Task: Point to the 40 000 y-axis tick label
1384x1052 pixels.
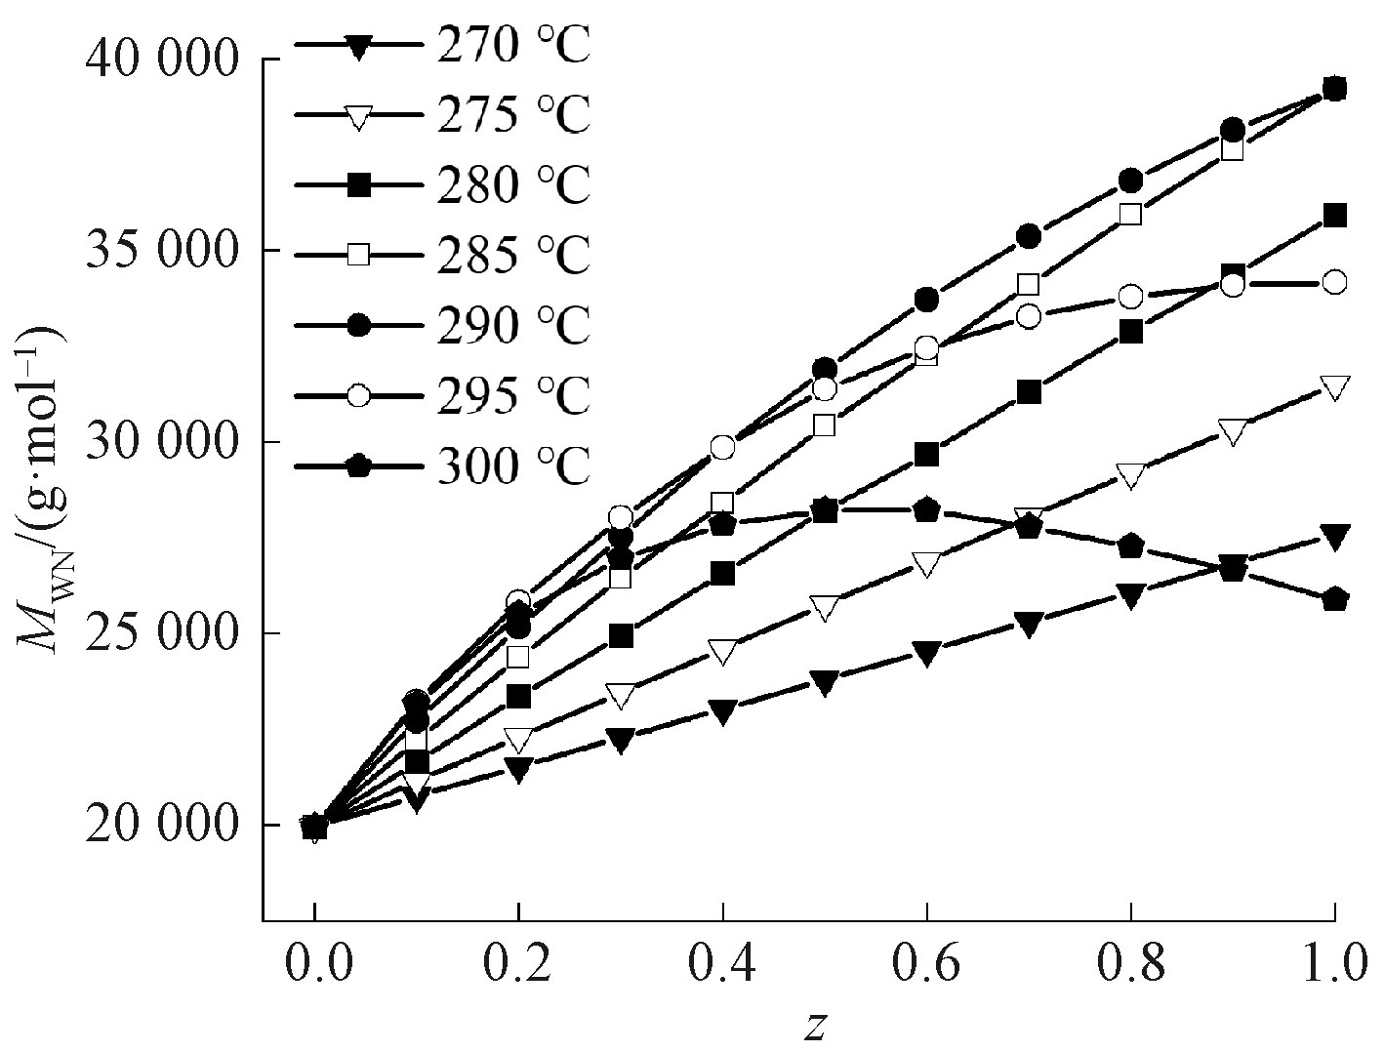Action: coord(162,61)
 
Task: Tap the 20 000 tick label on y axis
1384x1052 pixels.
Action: coord(162,826)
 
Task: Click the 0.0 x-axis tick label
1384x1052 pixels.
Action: coord(314,965)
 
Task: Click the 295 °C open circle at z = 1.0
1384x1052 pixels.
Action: coord(1335,283)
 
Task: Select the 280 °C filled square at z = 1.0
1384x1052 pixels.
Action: coord(1335,216)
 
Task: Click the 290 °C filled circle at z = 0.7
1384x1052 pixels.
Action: coord(1029,236)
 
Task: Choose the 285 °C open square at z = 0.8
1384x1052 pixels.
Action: coord(1131,215)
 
